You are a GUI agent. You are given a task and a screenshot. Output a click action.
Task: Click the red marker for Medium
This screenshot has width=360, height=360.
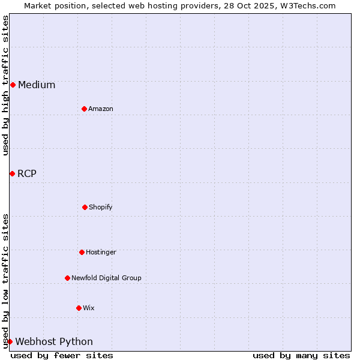(13, 85)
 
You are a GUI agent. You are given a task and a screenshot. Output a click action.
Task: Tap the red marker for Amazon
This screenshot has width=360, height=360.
(84, 109)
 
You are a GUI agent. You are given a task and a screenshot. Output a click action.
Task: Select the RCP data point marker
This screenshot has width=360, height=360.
(12, 173)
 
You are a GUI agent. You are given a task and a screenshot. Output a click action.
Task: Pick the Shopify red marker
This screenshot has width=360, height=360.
(85, 207)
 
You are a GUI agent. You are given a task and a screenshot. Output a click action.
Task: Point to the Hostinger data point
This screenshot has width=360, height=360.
(82, 252)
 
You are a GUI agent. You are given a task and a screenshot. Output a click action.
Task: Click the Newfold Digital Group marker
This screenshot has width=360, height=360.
(67, 278)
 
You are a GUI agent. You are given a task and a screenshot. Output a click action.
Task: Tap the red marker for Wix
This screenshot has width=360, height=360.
(79, 308)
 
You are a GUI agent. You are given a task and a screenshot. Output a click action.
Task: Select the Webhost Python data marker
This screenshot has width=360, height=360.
(10, 341)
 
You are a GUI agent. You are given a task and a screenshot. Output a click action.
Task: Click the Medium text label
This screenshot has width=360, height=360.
(37, 85)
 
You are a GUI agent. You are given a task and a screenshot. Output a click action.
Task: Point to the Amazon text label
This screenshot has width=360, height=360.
(101, 109)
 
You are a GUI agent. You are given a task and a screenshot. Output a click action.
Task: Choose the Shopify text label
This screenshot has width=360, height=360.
(100, 207)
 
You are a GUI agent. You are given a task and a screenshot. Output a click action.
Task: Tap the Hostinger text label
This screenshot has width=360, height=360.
(101, 252)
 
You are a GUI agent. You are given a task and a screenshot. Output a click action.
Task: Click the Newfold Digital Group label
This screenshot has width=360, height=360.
(106, 278)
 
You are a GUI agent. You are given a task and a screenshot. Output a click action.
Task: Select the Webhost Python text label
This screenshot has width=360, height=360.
(54, 341)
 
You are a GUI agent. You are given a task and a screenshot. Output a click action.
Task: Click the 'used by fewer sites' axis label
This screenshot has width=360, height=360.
(62, 355)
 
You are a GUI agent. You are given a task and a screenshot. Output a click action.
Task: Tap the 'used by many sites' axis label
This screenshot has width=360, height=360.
(301, 355)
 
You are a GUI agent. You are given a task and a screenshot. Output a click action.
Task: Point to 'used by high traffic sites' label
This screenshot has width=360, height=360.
(5, 85)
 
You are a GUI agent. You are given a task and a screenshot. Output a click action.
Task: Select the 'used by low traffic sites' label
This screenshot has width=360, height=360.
(5, 280)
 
